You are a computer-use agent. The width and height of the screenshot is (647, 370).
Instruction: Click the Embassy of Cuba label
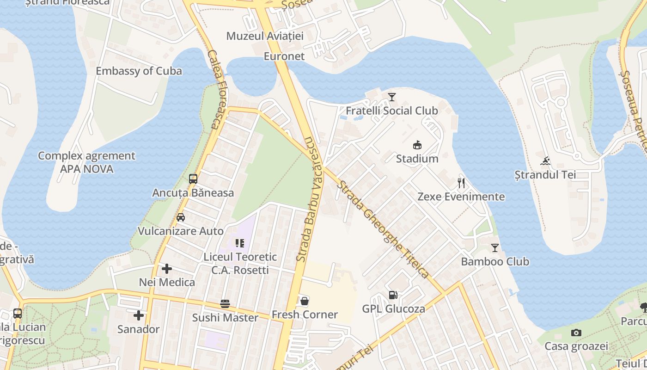coord(139,71)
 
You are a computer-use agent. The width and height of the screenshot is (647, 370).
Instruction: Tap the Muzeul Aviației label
coord(265,36)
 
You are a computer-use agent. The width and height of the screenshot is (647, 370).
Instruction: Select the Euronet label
coord(284,56)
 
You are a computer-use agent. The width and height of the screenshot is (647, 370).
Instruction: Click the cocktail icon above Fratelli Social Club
coord(392,97)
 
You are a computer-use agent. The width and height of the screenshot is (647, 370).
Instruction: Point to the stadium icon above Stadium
coord(417,145)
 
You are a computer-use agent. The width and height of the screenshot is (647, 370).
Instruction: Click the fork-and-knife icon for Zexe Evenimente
coord(461,183)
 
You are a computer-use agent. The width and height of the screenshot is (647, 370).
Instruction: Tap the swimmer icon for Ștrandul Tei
coord(545,161)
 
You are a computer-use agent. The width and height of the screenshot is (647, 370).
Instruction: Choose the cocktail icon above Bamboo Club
coord(495,248)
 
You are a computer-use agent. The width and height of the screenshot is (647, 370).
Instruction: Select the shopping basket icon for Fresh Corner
coord(305,301)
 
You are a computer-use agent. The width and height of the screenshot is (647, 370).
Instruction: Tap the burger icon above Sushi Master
coord(225,304)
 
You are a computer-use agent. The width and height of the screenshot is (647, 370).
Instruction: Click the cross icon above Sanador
coord(138,315)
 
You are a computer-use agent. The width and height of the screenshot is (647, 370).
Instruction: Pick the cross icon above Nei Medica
coord(167,268)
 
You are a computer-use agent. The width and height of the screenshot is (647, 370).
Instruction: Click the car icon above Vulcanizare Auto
coord(181,217)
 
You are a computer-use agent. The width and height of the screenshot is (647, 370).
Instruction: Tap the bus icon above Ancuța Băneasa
coord(193,179)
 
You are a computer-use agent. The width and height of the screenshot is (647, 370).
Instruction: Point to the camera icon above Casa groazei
coord(576,333)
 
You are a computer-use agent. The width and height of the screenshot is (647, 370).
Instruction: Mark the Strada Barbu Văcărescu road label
coord(309,199)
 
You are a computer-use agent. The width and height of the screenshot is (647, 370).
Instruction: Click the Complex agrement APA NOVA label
coord(86,162)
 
